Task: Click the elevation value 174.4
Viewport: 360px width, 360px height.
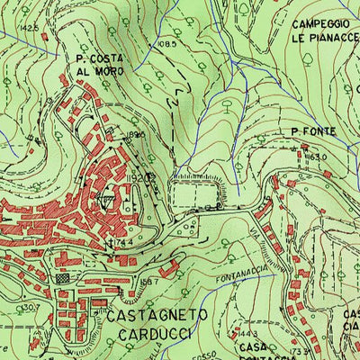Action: [124, 243]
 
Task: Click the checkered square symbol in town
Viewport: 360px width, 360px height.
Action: [64, 280]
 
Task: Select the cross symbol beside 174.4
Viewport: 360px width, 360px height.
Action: [110, 242]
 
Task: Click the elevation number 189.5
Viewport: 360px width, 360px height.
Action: [137, 135]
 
